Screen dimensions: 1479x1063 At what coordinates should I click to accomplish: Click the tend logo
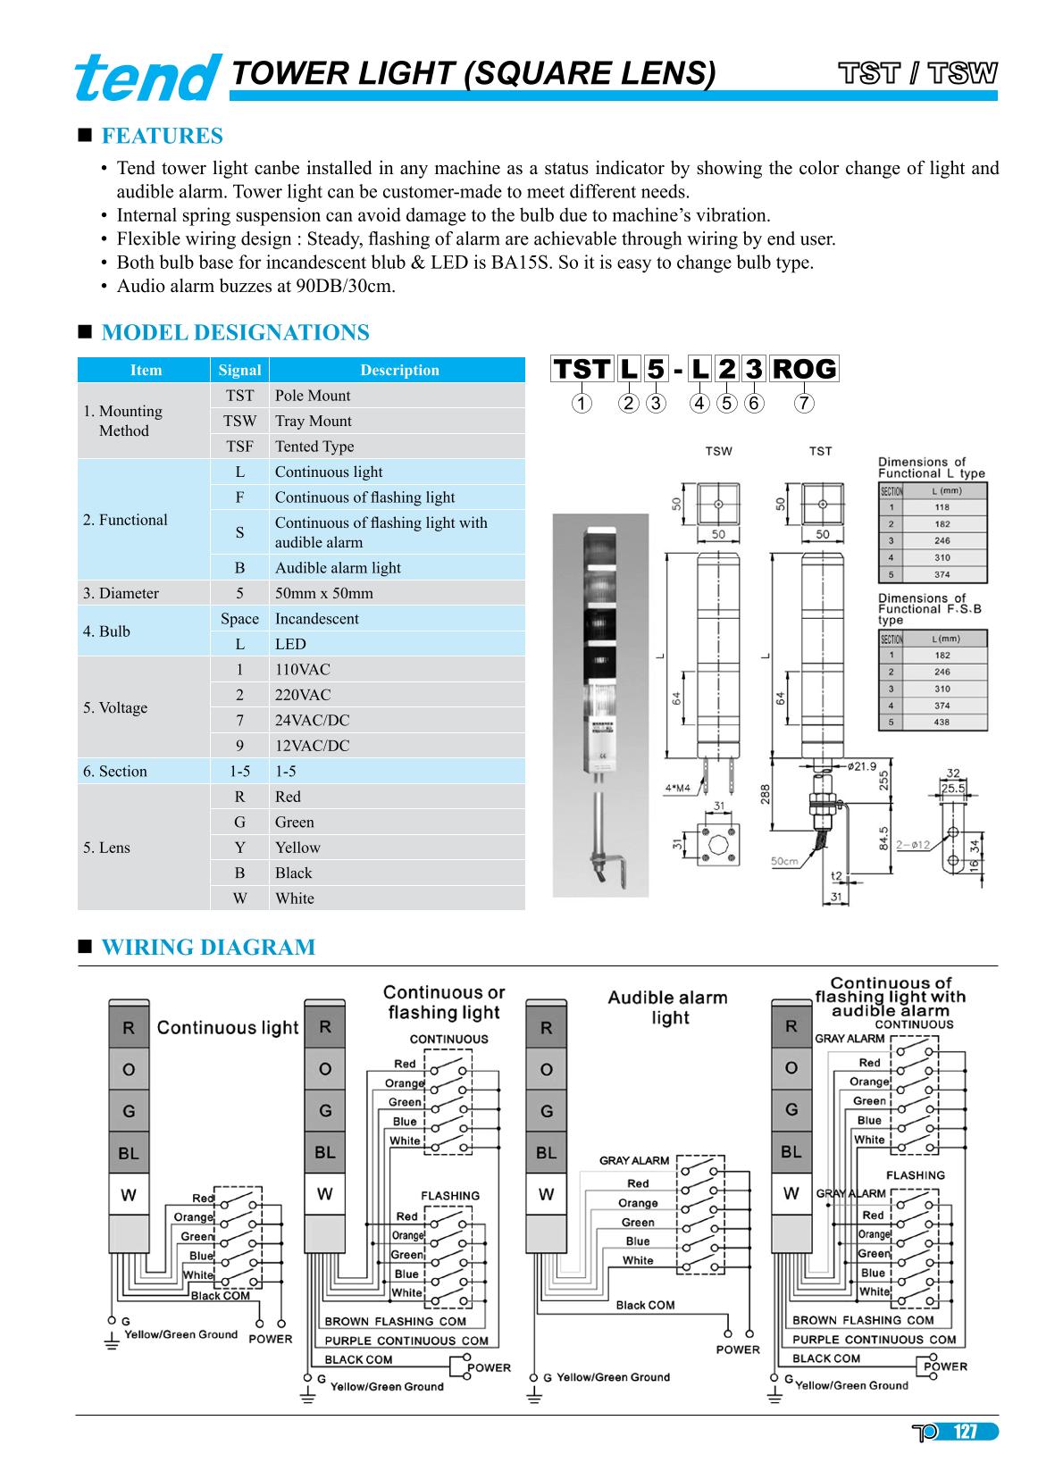click(x=147, y=77)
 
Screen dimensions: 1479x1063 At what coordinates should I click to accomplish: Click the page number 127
click(x=965, y=1433)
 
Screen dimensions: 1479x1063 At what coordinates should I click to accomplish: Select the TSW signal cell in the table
click(x=239, y=421)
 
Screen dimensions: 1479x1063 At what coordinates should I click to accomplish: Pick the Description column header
click(x=399, y=370)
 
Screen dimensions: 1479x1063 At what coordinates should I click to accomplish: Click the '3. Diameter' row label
click(x=121, y=593)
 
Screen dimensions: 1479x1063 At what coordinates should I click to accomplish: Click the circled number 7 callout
click(x=804, y=404)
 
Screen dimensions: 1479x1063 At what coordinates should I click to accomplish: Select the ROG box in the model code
click(x=803, y=369)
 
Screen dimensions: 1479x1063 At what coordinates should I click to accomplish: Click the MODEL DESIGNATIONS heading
click(x=235, y=333)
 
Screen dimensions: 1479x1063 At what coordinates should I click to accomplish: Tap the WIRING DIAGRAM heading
click(x=208, y=948)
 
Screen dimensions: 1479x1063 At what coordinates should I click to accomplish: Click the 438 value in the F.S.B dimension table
click(x=942, y=723)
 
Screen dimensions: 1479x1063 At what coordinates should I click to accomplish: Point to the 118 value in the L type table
click(x=942, y=507)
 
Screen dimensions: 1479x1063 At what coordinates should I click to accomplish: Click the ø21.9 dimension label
click(x=862, y=765)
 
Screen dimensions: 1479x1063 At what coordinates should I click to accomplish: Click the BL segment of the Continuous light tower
click(x=129, y=1153)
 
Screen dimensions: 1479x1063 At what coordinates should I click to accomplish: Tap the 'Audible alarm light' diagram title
click(x=668, y=1007)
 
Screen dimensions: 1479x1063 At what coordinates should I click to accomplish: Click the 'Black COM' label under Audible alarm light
click(x=645, y=1305)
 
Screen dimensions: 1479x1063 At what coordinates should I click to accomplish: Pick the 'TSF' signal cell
click(x=239, y=447)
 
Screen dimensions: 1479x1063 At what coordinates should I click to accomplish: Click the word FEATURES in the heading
click(x=162, y=136)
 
